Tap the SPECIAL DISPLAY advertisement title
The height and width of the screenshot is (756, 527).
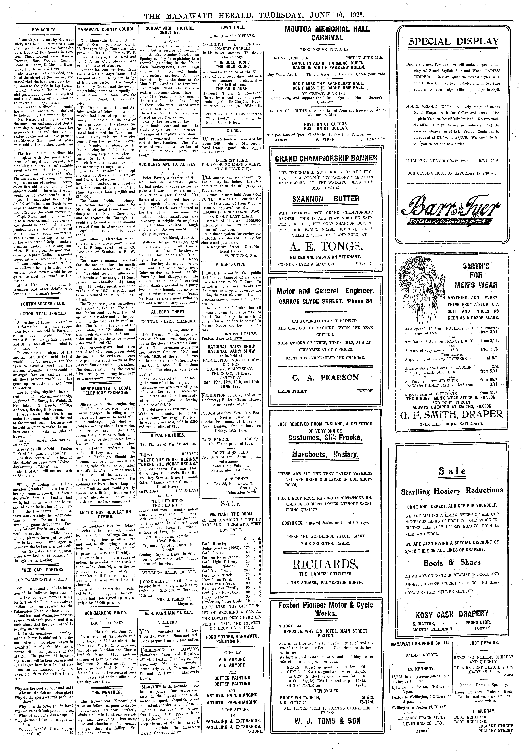click(454, 42)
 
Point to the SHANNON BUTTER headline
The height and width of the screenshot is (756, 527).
click(325, 199)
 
